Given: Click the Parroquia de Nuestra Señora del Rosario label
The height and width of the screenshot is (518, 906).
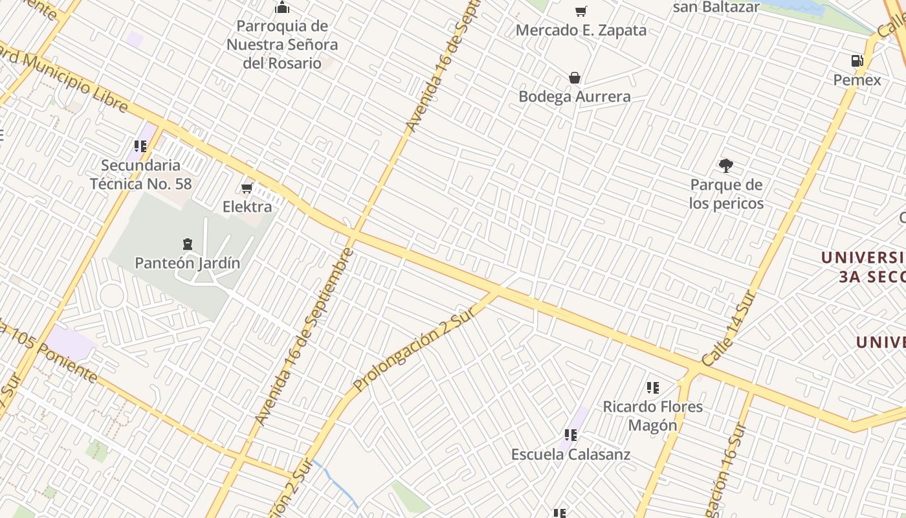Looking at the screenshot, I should (x=282, y=45).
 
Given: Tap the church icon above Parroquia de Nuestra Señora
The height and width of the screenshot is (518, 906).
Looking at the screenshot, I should (x=282, y=8).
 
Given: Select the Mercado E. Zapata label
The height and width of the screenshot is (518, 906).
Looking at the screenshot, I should (x=581, y=30).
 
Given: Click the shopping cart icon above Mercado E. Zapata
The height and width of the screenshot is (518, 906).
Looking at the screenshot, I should (x=581, y=11).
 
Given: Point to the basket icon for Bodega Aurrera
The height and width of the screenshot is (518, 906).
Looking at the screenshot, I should (x=574, y=78).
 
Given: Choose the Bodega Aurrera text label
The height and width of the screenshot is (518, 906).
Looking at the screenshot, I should (x=575, y=96).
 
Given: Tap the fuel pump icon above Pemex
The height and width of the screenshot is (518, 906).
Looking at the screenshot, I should (x=857, y=62).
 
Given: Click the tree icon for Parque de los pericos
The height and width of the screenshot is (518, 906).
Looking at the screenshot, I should (x=726, y=166).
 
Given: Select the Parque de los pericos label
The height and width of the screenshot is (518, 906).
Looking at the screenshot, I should (x=726, y=194).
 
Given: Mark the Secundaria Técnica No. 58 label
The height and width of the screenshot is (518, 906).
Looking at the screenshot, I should (x=141, y=174).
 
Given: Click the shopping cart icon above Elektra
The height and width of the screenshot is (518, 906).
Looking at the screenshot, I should (x=247, y=188).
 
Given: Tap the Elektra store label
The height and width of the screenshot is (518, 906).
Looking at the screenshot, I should (x=247, y=207).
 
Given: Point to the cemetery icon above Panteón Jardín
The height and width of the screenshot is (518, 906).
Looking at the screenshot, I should (x=187, y=244).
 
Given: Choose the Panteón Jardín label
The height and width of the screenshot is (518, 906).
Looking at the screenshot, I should (x=187, y=263).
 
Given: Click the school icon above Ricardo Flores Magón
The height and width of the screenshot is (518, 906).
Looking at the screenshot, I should (x=652, y=388).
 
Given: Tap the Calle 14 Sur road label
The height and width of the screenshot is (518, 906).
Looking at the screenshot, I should (x=729, y=330).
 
